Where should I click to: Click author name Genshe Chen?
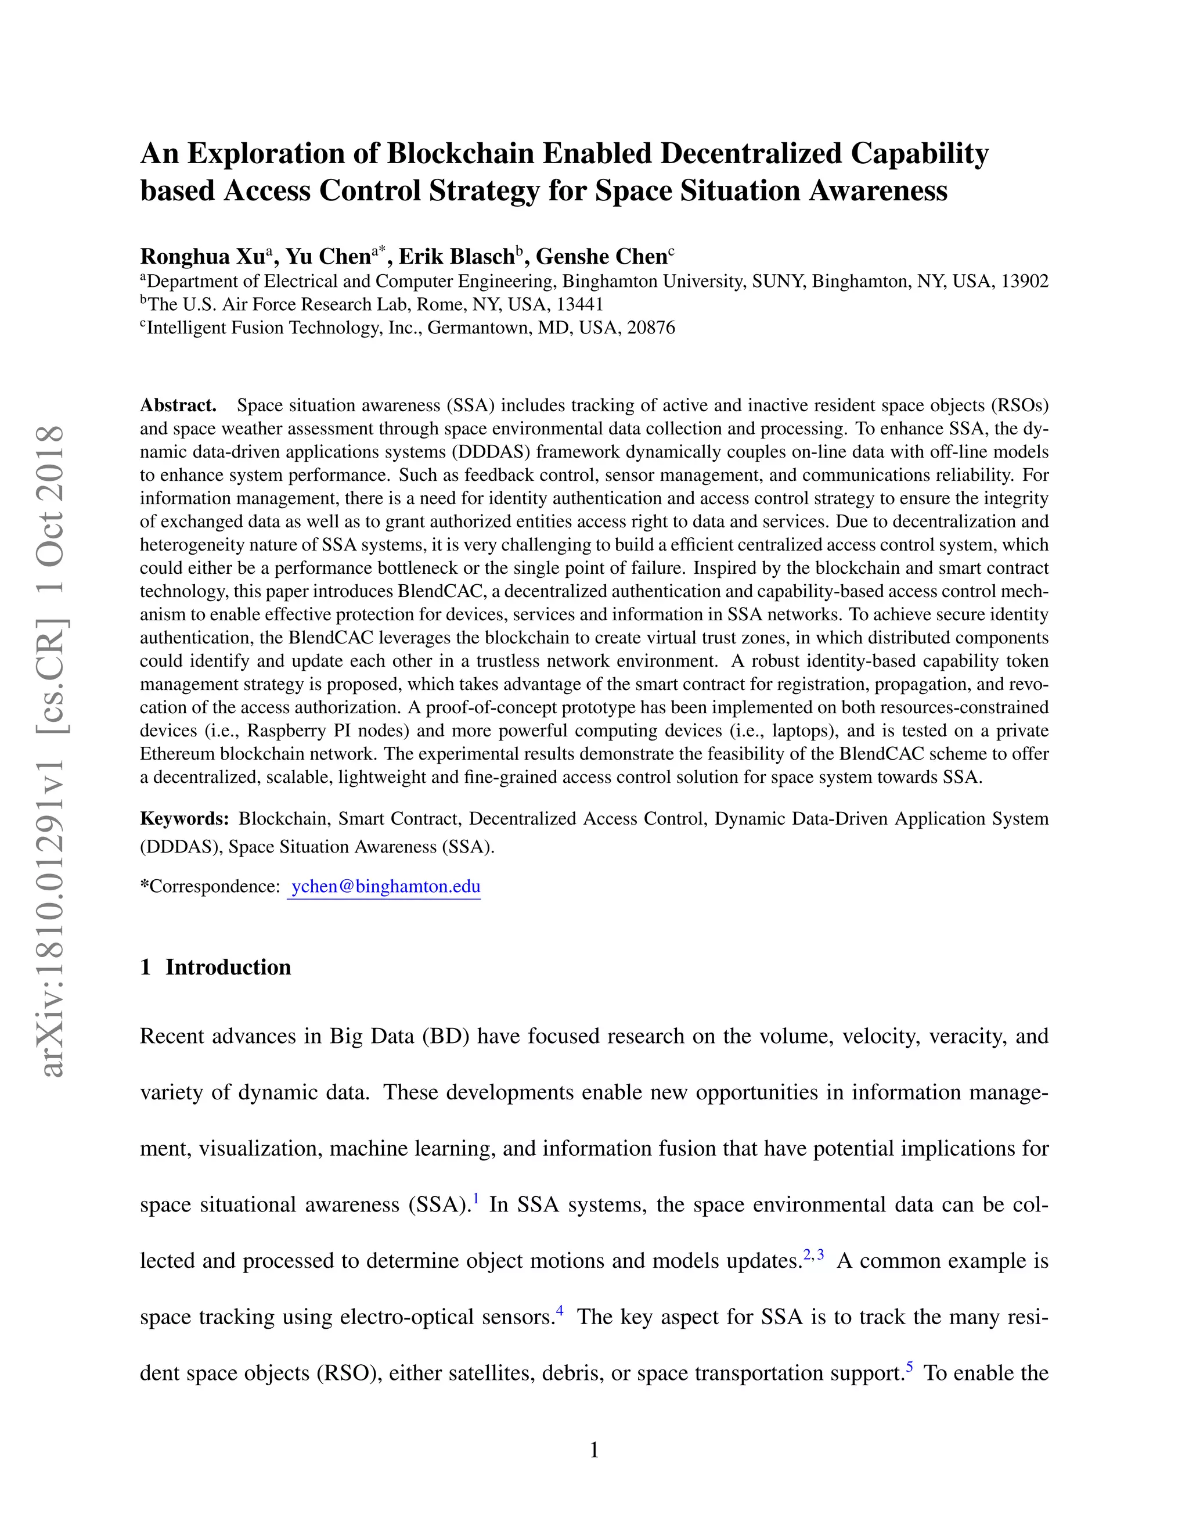pos(601,257)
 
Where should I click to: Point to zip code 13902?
pos(1024,282)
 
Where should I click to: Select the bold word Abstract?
pos(178,406)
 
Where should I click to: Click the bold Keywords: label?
pos(185,819)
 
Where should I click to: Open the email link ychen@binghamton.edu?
pos(385,886)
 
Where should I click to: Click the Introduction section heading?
pos(228,968)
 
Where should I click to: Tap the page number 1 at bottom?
pos(594,1450)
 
